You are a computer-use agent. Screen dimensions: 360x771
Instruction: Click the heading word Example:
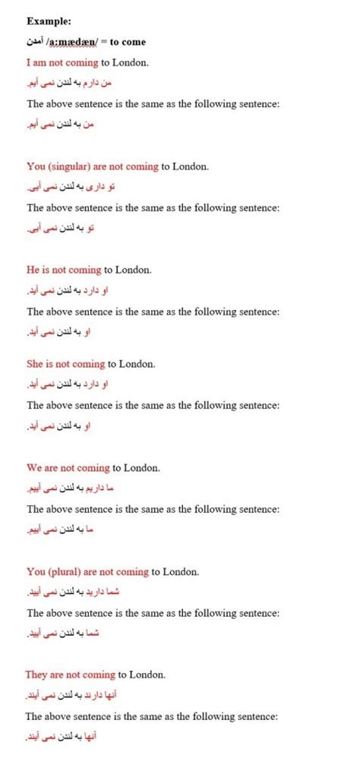48,21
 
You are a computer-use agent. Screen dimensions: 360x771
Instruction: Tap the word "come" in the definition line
135,42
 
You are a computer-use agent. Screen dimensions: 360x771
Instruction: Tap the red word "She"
36,364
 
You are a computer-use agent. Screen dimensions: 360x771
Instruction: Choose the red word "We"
35,468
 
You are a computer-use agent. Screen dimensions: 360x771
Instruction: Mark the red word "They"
38,674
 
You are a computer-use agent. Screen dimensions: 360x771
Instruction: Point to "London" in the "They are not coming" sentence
147,674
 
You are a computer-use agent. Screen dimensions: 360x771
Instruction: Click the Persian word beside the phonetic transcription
36,42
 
